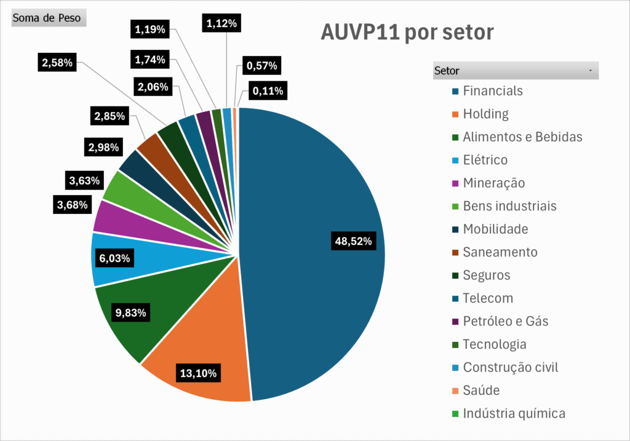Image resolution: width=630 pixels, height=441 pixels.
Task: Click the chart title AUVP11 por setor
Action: [407, 32]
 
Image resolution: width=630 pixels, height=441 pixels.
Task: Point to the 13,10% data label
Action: [198, 373]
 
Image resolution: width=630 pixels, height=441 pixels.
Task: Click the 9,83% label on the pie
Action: [131, 313]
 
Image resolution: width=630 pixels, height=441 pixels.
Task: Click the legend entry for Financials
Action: [492, 91]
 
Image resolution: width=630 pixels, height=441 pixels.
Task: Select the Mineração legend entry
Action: [493, 183]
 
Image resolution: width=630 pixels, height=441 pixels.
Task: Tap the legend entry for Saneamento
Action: [500, 252]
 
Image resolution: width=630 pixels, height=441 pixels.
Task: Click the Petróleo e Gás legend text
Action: [505, 322]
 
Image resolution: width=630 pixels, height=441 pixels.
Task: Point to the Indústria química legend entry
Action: [514, 413]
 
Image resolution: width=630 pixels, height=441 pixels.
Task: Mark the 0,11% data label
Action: [268, 92]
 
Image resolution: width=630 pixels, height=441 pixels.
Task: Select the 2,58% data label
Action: [57, 62]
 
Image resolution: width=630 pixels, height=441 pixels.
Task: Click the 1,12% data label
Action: [221, 24]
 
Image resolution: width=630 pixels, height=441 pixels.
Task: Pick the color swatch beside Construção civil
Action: [455, 368]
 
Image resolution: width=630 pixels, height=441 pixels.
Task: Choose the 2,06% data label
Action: [153, 87]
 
